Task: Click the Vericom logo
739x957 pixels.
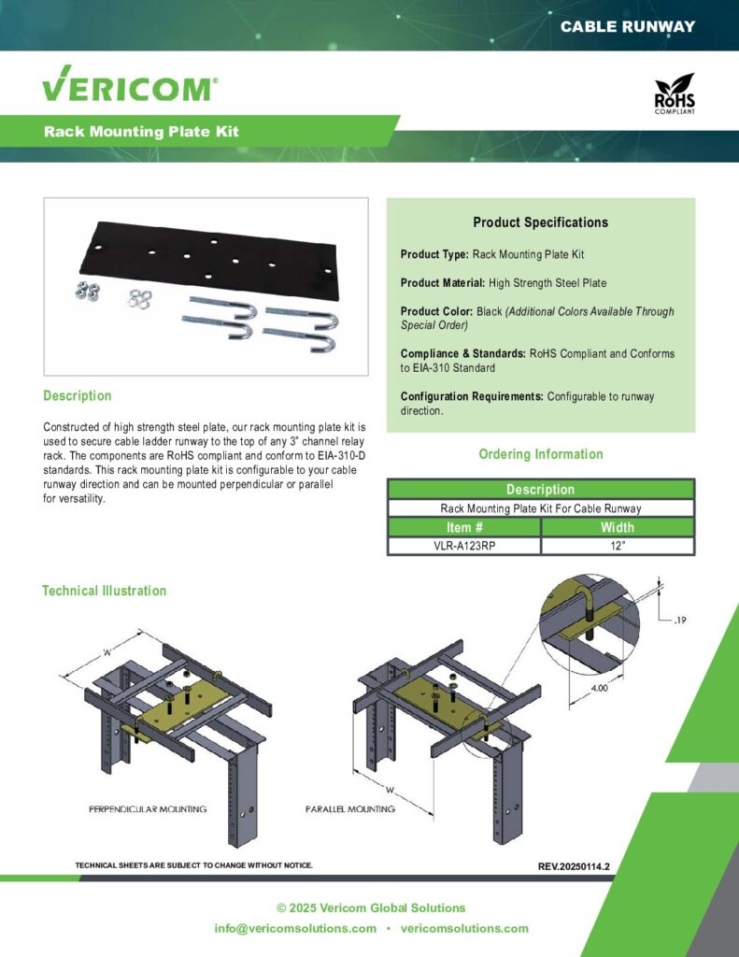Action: (x=130, y=89)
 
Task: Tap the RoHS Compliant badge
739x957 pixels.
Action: (x=674, y=95)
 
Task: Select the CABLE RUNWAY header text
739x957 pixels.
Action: (x=627, y=26)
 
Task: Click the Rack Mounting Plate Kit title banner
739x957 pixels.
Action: (x=141, y=132)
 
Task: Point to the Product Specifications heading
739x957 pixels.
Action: (x=540, y=222)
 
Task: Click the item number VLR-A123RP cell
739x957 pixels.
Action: (x=463, y=546)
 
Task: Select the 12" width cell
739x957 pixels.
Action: (x=617, y=546)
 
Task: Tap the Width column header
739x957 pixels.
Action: (x=617, y=527)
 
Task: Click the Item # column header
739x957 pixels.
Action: (x=463, y=527)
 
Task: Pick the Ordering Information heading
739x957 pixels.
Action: (x=540, y=454)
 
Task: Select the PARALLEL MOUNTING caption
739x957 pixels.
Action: (x=349, y=808)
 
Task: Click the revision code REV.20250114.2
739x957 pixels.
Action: (x=574, y=866)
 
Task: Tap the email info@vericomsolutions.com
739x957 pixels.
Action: (x=295, y=928)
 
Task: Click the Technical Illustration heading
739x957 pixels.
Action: (x=104, y=591)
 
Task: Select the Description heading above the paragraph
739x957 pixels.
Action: (x=77, y=396)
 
